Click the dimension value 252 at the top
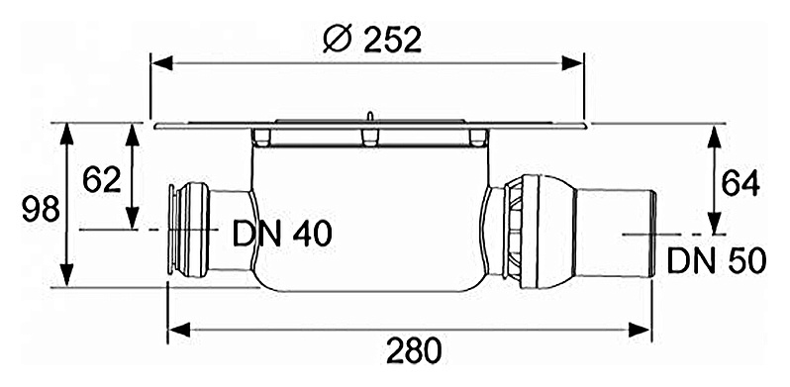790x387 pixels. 391,40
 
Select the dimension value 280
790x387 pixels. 414,350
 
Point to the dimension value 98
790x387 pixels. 41,209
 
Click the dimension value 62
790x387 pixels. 102,179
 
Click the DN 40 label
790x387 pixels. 282,234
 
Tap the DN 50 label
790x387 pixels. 717,260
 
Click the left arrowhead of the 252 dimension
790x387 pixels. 162,63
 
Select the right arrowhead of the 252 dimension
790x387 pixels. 572,63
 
